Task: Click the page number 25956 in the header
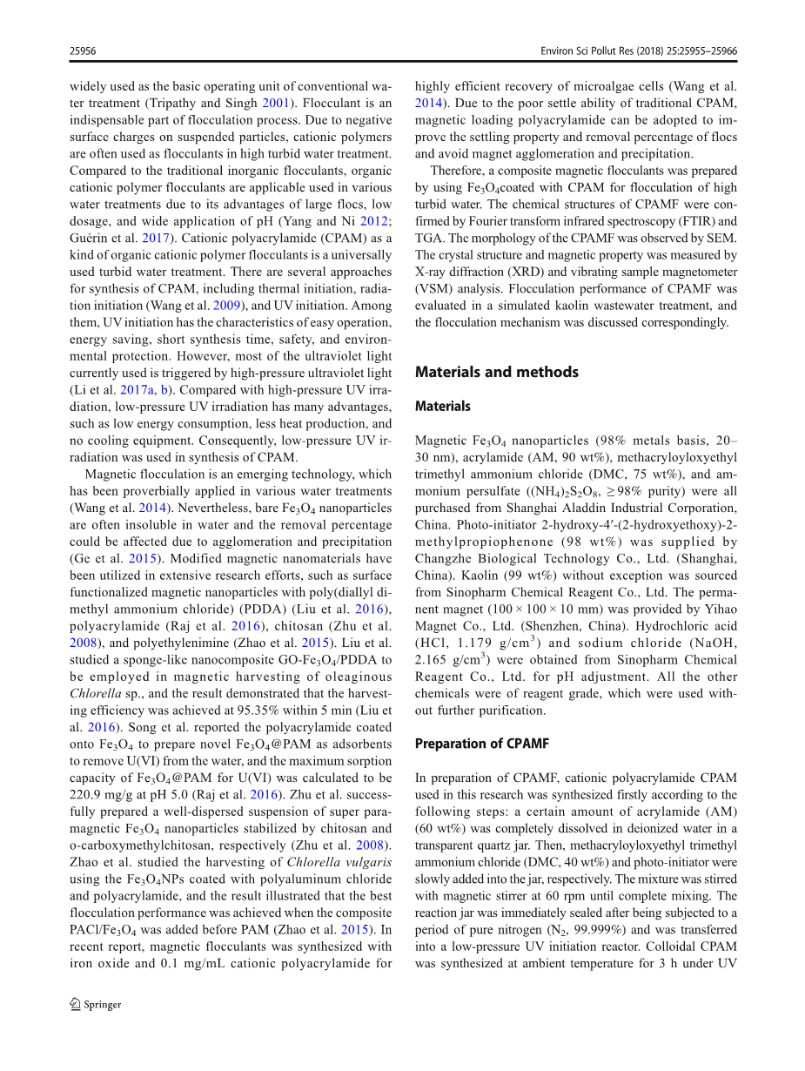click(83, 51)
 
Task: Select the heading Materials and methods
click(496, 372)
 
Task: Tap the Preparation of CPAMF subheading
click(481, 744)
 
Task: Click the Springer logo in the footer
click(96, 1004)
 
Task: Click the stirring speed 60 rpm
click(545, 896)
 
